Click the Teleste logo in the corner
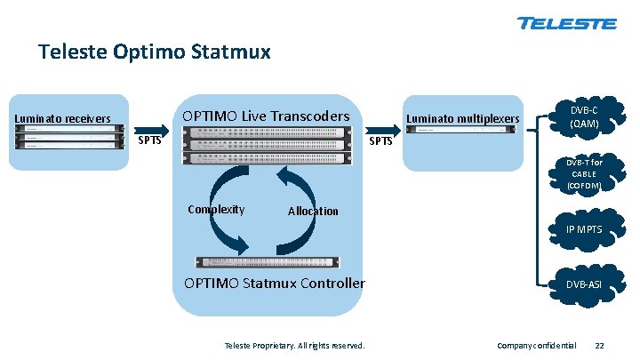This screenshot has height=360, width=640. coord(566,22)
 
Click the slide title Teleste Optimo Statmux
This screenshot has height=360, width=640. coord(155,52)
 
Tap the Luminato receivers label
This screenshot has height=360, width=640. coord(61,118)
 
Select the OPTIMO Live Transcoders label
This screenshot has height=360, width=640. coord(266,116)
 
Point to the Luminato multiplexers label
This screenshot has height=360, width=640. coord(462,118)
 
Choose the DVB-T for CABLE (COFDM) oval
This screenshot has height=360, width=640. coord(585,174)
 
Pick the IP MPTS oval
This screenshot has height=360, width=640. coord(585,229)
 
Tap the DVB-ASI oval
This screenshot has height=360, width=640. coord(585,285)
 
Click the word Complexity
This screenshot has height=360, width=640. coord(216,210)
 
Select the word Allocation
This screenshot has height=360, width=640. coord(313,211)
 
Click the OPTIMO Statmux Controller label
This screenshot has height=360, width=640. coord(274,284)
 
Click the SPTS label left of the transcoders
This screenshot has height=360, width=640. coord(149,142)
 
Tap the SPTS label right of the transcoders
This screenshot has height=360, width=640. coord(380,142)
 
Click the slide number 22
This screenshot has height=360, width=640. coord(599,344)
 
